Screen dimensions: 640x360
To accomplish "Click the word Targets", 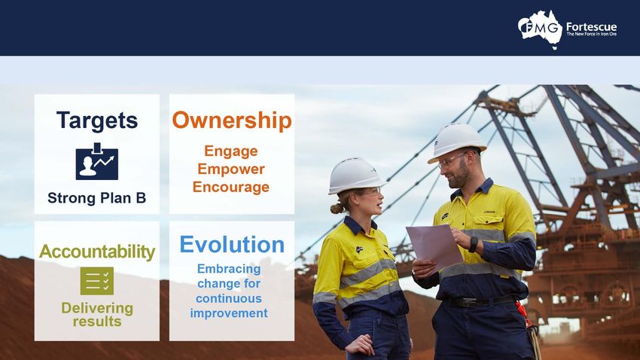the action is click(97, 121).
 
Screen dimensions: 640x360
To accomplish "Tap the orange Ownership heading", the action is click(232, 121).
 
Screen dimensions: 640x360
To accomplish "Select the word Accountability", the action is click(97, 252).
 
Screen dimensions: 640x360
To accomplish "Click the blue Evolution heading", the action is click(232, 245).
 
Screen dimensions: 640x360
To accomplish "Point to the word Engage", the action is click(231, 152).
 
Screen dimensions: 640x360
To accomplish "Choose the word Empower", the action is click(231, 169).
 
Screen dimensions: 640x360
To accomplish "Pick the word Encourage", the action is click(231, 187).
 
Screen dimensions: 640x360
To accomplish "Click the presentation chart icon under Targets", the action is click(96, 162).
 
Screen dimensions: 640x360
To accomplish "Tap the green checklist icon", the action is click(96, 281).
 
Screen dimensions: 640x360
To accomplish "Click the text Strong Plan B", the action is click(96, 198).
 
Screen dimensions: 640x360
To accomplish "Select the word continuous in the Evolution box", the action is click(229, 298).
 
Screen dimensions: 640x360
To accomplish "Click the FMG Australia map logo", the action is click(540, 29).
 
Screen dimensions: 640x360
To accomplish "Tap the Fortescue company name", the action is click(591, 27).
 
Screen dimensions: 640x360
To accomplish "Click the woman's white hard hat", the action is click(355, 175).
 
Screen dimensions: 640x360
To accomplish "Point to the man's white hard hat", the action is click(456, 142).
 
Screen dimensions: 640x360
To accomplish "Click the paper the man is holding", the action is click(434, 246).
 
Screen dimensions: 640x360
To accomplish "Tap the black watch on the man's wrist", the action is click(473, 245).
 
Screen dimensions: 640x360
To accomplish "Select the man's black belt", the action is click(478, 301).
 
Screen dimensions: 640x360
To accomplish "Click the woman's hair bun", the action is click(337, 209).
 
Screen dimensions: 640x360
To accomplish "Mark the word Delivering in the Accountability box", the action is click(97, 309).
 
